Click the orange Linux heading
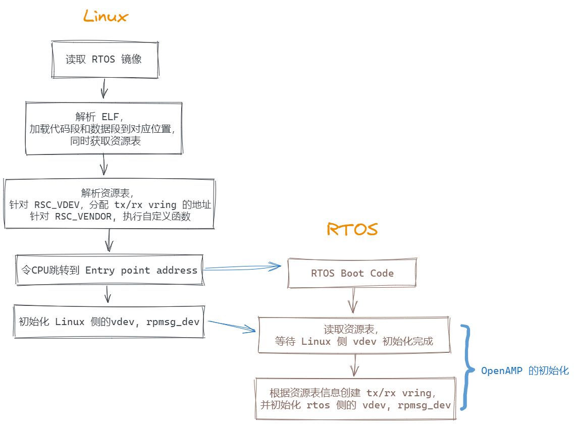pyautogui.click(x=106, y=17)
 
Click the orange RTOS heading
pyautogui.click(x=352, y=230)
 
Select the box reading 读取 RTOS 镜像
pyautogui.click(x=103, y=60)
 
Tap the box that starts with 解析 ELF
pyautogui.click(x=103, y=128)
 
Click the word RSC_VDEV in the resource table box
pyautogui.click(x=55, y=205)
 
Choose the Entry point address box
pyautogui.click(x=108, y=270)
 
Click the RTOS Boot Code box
pyautogui.click(x=352, y=273)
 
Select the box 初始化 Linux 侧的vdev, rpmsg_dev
pyautogui.click(x=109, y=322)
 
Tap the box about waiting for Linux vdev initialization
pyautogui.click(x=354, y=335)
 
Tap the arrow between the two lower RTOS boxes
pyautogui.click(x=355, y=364)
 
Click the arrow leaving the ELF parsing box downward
pyautogui.click(x=104, y=165)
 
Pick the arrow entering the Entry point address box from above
pyautogui.click(x=109, y=240)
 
